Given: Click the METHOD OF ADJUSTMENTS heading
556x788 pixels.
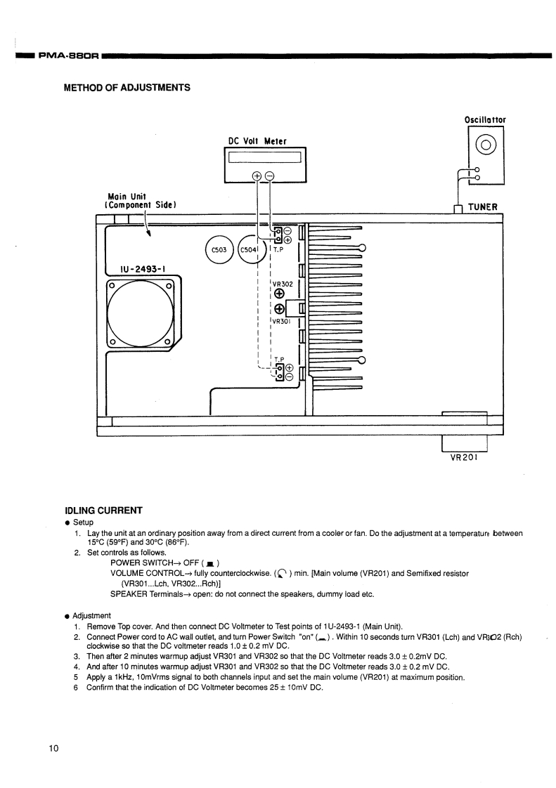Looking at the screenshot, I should click(127, 88).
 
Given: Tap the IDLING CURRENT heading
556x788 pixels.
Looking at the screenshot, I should click(103, 510).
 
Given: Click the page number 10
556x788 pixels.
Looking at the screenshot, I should click(54, 747).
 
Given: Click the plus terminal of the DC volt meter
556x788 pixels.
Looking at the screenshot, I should click(257, 176).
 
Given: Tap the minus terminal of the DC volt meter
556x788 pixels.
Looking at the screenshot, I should click(269, 176).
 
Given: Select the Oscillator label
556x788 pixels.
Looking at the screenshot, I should click(485, 119).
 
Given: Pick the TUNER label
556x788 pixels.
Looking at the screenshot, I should click(483, 207).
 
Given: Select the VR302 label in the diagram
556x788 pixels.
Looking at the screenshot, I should click(282, 284).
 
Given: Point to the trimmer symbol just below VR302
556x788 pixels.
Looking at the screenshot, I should click(279, 294).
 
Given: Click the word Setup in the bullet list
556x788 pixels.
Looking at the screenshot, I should click(83, 523).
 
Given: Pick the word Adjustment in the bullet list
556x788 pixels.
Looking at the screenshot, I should click(91, 616).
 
